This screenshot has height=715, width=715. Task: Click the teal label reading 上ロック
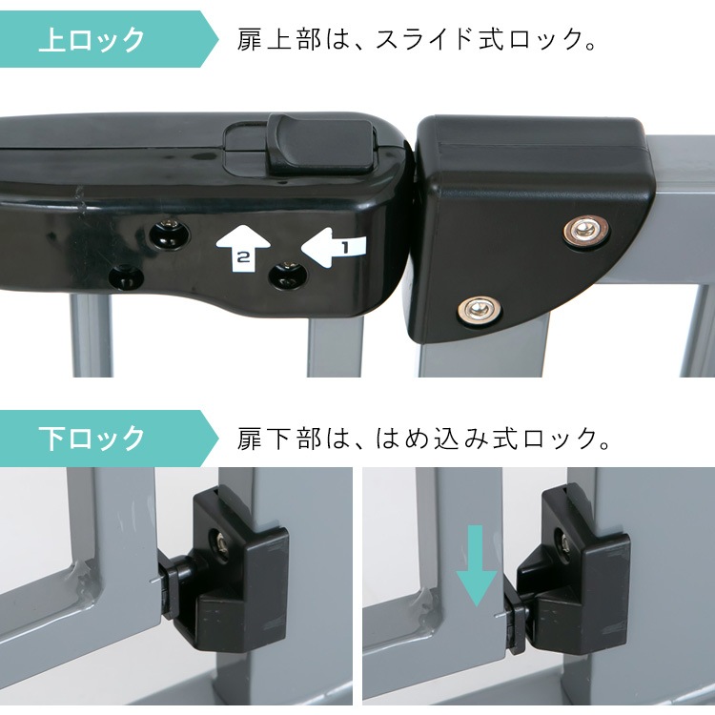(92, 40)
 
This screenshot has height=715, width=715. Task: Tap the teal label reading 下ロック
(92, 439)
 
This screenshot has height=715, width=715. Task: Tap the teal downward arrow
(476, 569)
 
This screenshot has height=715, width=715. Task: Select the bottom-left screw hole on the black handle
(123, 278)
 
